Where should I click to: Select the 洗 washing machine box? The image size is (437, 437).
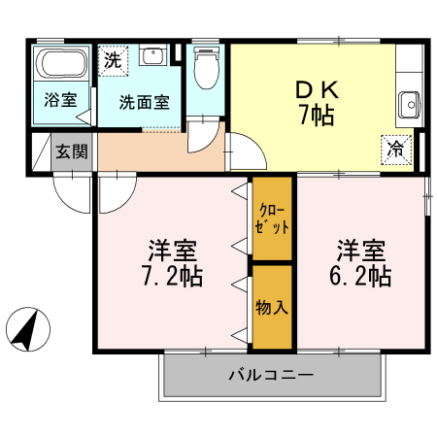[x=114, y=58]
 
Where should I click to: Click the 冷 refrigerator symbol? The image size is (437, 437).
[x=396, y=148]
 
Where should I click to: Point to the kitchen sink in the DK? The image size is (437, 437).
[x=409, y=101]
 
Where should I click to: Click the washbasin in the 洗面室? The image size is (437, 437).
[x=151, y=55]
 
